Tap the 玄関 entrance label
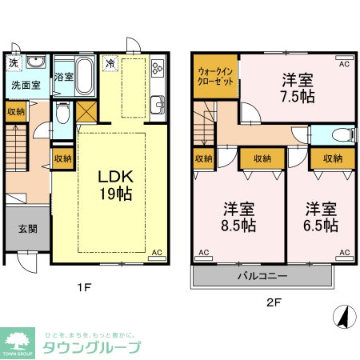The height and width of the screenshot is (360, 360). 26,227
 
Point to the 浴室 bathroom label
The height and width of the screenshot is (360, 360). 63,78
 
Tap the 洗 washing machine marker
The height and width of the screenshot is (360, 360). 14,62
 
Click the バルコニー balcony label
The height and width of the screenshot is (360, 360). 262,277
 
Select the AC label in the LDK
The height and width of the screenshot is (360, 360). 157,253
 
